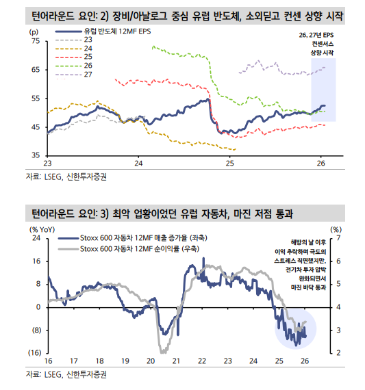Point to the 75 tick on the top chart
[x=35, y=42]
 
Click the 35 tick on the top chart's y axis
[x=35, y=156]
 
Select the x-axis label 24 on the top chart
[x=138, y=164]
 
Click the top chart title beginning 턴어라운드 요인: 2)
[x=185, y=14]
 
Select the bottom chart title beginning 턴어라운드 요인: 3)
[x=164, y=215]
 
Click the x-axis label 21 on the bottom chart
[x=176, y=361]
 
